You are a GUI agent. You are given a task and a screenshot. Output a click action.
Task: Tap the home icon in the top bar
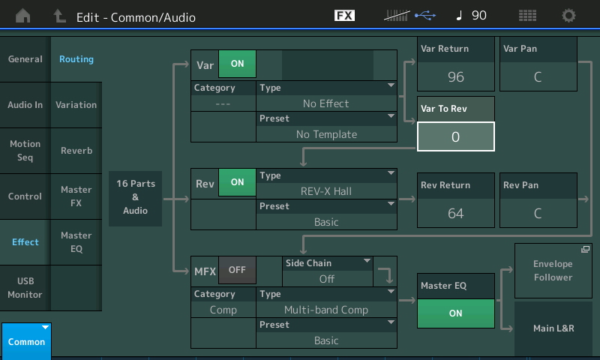(23, 16)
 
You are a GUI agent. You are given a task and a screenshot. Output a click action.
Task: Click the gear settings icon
(568, 16)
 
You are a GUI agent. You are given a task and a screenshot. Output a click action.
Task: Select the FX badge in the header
(344, 15)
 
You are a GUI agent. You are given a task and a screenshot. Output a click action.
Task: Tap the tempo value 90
(479, 15)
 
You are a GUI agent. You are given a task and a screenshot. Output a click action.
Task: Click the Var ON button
(237, 64)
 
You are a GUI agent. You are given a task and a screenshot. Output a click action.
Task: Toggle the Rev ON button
(237, 182)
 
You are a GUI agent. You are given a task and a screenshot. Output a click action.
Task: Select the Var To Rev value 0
(456, 136)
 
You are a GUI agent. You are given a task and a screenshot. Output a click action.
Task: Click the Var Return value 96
(456, 77)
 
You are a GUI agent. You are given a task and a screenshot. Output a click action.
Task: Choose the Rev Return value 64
(456, 213)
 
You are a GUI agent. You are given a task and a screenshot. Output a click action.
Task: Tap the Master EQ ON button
(456, 313)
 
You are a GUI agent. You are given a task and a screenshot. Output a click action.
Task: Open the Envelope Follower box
(553, 271)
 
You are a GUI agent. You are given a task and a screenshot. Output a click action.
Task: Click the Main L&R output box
(553, 328)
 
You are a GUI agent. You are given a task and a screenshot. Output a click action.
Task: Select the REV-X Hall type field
(326, 184)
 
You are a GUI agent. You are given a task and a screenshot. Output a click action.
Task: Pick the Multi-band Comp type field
(326, 302)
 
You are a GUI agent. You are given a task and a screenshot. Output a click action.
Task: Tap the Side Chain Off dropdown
(328, 271)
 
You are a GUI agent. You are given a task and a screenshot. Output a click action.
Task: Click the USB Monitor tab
(25, 288)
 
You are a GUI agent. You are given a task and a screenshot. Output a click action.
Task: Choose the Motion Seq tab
(25, 151)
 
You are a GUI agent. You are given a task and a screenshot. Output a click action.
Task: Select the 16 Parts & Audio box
(136, 197)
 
